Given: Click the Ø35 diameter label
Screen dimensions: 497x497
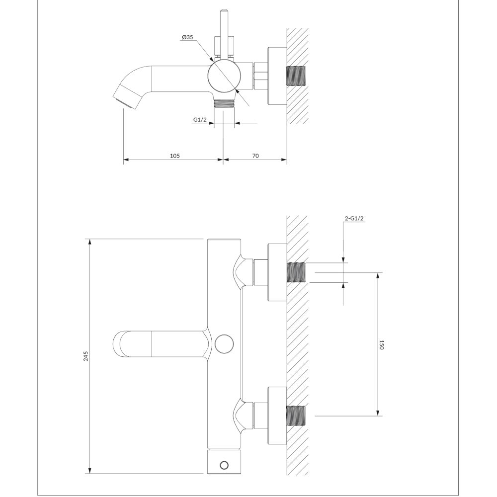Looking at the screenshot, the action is click(x=187, y=37).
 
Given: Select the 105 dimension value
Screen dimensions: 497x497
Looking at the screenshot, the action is click(x=174, y=156).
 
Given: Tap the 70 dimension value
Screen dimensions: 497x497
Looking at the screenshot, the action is click(x=255, y=156).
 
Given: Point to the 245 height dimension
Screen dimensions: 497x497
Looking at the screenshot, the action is click(x=85, y=356).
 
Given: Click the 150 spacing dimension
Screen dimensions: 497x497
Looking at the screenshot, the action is click(x=381, y=345).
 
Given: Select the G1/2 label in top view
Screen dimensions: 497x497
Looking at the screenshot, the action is click(x=200, y=119).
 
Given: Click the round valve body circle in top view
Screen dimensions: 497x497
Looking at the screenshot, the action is click(x=224, y=77).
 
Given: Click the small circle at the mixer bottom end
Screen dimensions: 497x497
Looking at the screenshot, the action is click(x=224, y=465).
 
